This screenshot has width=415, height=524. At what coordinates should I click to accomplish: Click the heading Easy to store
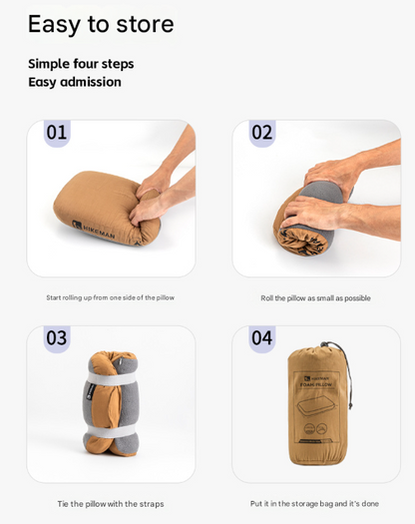tap(101, 24)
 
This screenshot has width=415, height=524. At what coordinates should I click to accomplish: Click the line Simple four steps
tap(81, 64)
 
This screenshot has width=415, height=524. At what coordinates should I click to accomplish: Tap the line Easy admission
tap(75, 82)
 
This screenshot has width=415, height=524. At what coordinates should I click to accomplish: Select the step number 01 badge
tap(57, 133)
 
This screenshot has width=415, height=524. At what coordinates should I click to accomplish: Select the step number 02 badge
tap(262, 133)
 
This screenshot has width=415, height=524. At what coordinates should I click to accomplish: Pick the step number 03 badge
tap(57, 338)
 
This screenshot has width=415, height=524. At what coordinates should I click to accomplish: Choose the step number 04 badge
tap(262, 338)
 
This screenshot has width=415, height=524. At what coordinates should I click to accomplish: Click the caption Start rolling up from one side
tap(110, 297)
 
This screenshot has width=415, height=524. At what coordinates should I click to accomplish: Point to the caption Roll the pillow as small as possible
tap(315, 297)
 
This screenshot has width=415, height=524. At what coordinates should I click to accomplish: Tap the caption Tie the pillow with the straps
tap(110, 504)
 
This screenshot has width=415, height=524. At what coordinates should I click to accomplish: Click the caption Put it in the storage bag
tap(314, 504)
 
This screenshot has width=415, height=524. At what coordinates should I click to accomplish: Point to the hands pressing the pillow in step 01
tap(160, 185)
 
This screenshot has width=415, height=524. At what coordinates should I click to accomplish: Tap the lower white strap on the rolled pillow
tap(112, 430)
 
